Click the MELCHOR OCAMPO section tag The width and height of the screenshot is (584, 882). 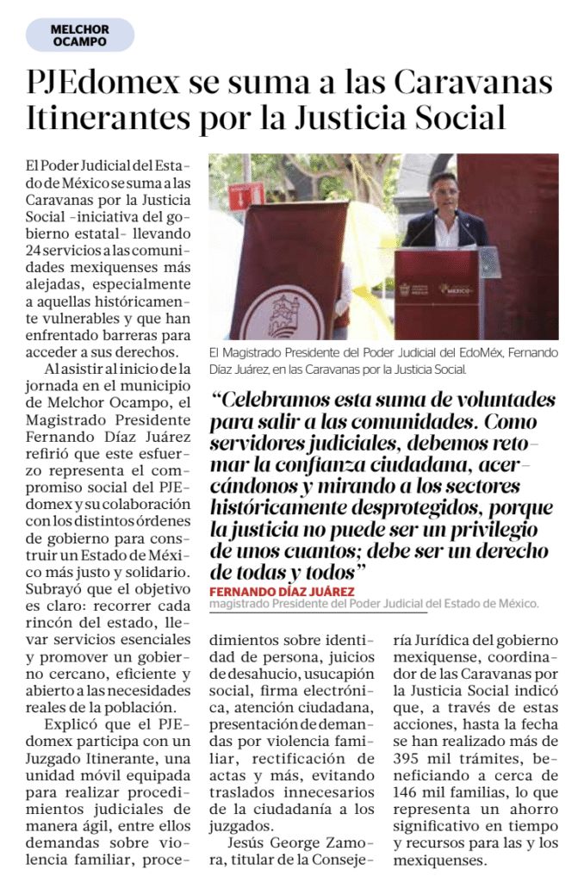(x=79, y=35)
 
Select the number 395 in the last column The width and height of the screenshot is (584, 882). (x=408, y=758)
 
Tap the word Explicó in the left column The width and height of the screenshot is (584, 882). (x=71, y=724)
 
